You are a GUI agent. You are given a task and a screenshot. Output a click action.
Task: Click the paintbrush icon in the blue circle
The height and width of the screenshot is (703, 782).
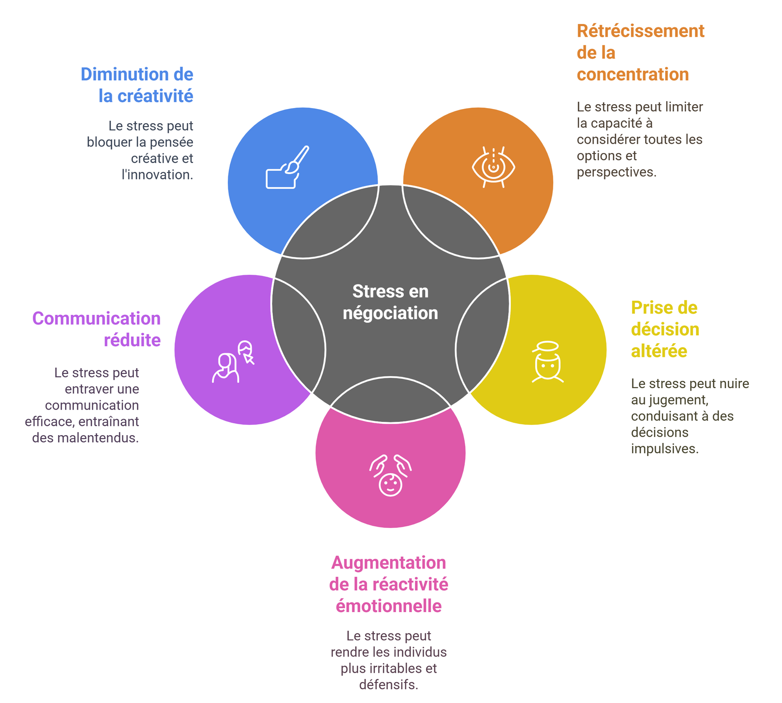click(288, 167)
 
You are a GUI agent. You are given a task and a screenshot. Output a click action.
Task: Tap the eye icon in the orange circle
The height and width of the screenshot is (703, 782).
click(493, 167)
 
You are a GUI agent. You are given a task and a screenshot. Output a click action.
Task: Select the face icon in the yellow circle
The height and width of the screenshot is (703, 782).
click(547, 362)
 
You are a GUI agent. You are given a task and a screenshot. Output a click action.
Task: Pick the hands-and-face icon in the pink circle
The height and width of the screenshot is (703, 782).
click(391, 476)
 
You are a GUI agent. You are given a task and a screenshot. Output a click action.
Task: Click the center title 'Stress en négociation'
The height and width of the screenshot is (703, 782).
click(391, 302)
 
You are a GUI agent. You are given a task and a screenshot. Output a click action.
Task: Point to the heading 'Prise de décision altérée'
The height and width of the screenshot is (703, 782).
click(665, 329)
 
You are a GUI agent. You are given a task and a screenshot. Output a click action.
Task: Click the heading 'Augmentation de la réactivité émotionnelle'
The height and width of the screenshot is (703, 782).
click(389, 584)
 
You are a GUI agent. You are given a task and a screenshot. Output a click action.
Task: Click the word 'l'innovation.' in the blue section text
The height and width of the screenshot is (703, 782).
click(157, 175)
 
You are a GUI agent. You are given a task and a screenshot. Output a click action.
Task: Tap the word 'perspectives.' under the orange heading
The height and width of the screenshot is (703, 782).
click(616, 172)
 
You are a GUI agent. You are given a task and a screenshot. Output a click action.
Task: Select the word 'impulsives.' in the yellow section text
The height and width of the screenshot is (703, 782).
click(665, 449)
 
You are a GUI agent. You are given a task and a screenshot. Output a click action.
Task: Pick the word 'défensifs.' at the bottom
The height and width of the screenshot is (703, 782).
click(389, 684)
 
